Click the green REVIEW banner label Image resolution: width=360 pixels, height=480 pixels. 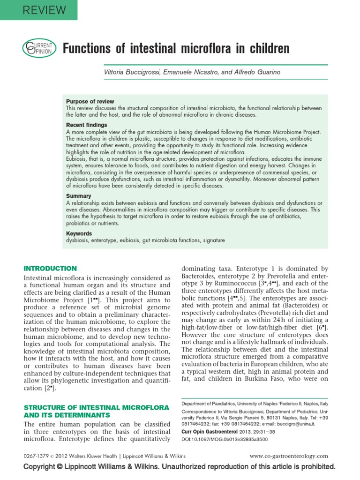pyautogui.click(x=38, y=9)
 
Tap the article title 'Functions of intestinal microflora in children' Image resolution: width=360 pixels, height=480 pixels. pyautogui.click(x=176, y=48)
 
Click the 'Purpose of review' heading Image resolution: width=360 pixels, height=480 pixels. pyautogui.click(x=90, y=102)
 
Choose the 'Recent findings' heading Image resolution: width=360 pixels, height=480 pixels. pyautogui.click(x=86, y=125)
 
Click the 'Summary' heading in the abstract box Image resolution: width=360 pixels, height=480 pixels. pyautogui.click(x=79, y=196)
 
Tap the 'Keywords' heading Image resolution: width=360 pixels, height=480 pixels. pyautogui.click(x=79, y=233)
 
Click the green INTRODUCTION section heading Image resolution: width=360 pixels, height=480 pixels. pyautogui.click(x=50, y=269)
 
